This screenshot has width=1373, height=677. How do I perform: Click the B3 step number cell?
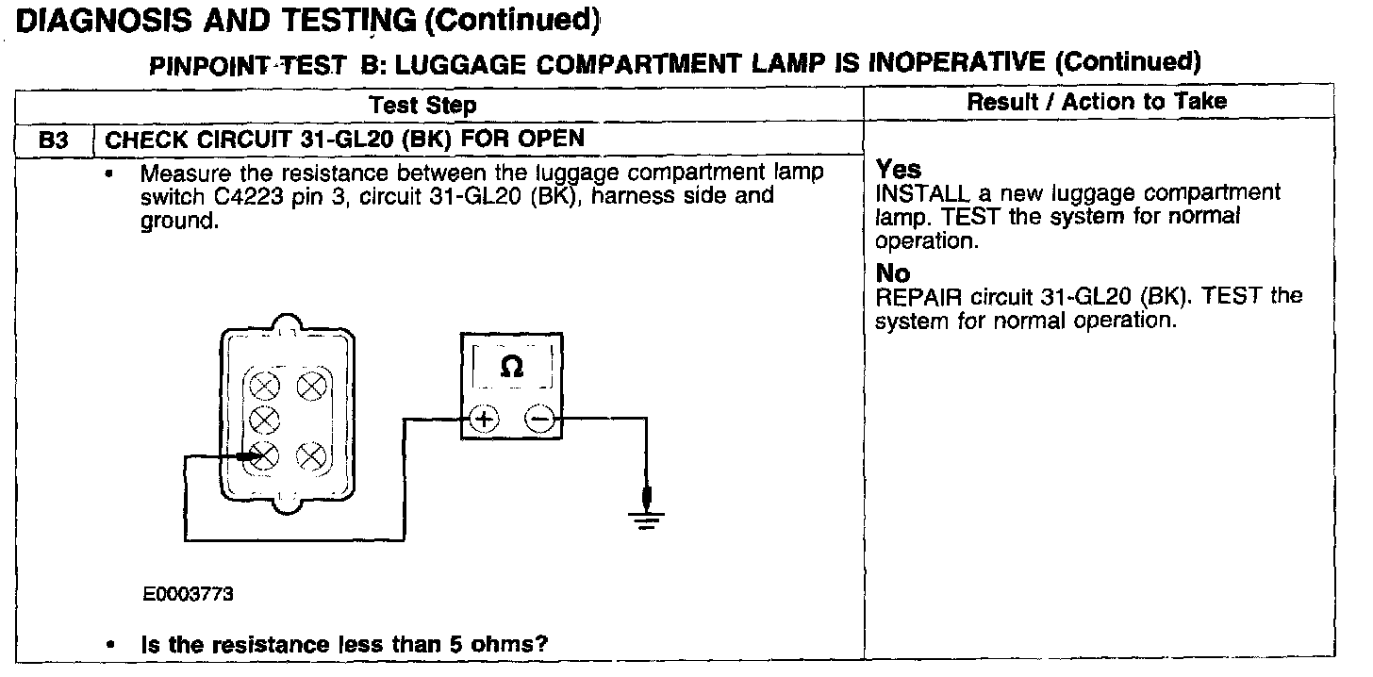tap(54, 140)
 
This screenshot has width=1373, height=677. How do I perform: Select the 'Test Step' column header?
tap(422, 105)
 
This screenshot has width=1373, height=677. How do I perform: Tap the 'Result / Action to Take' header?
tap(1097, 102)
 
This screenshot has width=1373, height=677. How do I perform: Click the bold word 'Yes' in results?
tap(898, 170)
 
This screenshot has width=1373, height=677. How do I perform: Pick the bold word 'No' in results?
tap(893, 273)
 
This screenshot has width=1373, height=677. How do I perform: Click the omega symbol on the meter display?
tap(511, 367)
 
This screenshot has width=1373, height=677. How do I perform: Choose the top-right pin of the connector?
tap(310, 385)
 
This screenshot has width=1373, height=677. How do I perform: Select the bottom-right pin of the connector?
tap(310, 457)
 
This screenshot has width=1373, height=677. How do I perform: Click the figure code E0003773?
tap(189, 595)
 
